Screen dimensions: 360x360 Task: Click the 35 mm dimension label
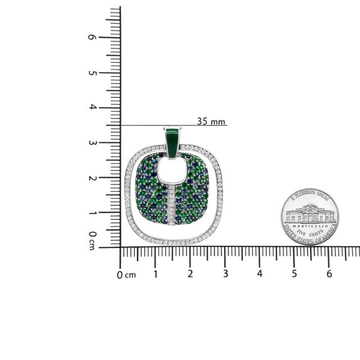(x=211, y=121)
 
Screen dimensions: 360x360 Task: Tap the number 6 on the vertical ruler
(x=92, y=37)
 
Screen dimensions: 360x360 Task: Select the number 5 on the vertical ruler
(x=92, y=73)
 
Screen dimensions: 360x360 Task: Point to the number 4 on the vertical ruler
(x=92, y=107)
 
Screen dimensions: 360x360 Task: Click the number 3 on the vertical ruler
(x=92, y=143)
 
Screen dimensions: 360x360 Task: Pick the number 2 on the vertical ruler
(x=92, y=178)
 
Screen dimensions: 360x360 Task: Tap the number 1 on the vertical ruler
(x=92, y=213)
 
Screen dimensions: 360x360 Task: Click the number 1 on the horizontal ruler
(x=155, y=274)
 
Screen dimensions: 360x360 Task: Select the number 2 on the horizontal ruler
(x=190, y=274)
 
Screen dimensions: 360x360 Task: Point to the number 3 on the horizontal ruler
(x=225, y=274)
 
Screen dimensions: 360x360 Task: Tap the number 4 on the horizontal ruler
(x=259, y=274)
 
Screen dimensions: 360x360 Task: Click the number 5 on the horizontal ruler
(x=294, y=274)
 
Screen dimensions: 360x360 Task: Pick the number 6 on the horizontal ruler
(x=329, y=274)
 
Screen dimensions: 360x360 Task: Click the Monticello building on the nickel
(x=310, y=214)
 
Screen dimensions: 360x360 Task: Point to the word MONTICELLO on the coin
(x=310, y=224)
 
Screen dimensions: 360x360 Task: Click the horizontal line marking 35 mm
(x=169, y=125)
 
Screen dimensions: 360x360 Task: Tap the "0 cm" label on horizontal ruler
(x=127, y=274)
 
